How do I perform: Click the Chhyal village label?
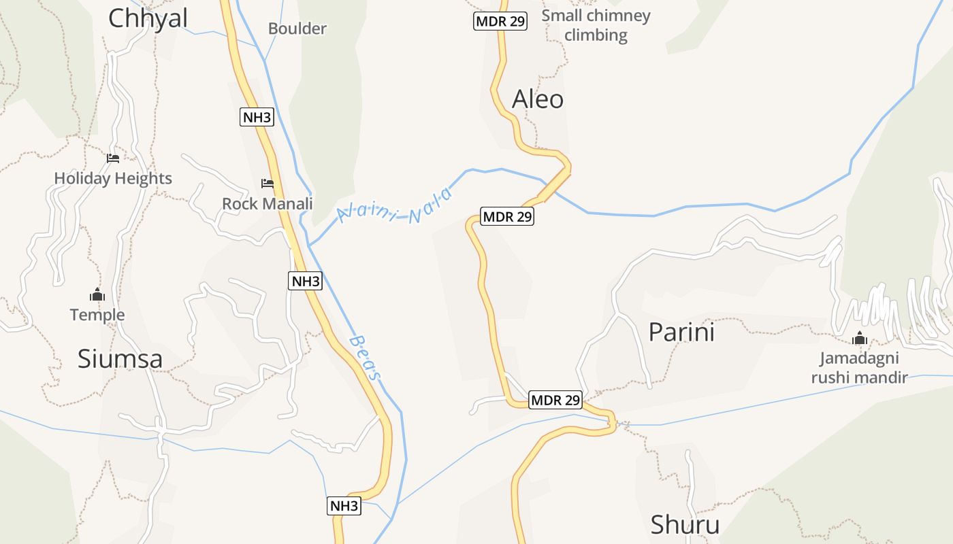coord(148,18)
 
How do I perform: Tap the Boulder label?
coord(297,29)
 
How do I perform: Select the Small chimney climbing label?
coord(596,25)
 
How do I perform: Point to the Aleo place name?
coord(538,99)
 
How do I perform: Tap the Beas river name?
coord(366,357)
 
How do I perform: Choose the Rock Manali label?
coord(268,203)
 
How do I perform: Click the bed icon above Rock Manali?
coord(268,184)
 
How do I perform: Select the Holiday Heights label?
coord(113,178)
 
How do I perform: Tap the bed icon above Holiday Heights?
coord(113,158)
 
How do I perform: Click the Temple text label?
coord(97,315)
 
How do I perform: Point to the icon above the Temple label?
coord(97,295)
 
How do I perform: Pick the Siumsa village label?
coord(120,358)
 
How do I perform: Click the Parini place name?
coord(681,333)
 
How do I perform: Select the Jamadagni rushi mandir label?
coord(859,368)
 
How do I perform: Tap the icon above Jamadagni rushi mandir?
coord(860,338)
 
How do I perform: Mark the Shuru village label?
coord(685,525)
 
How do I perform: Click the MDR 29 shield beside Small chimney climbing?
coord(500,21)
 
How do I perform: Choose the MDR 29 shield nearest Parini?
coord(555,400)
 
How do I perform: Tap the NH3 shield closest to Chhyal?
coord(257,117)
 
